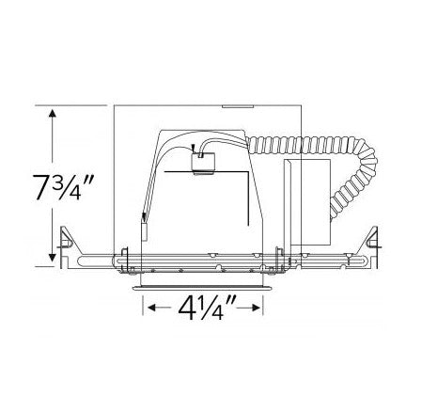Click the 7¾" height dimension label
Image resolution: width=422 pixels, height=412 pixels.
64,187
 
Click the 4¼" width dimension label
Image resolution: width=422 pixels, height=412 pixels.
207,308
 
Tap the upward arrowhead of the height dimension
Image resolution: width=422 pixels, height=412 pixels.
53,113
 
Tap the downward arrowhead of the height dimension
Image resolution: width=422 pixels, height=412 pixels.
53,258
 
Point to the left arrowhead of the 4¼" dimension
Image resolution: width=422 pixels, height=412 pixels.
151,308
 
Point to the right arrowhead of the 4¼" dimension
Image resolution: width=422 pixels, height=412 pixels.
256,308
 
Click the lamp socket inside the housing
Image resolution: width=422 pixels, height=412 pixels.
203,163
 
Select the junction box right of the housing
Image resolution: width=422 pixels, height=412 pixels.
306,202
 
